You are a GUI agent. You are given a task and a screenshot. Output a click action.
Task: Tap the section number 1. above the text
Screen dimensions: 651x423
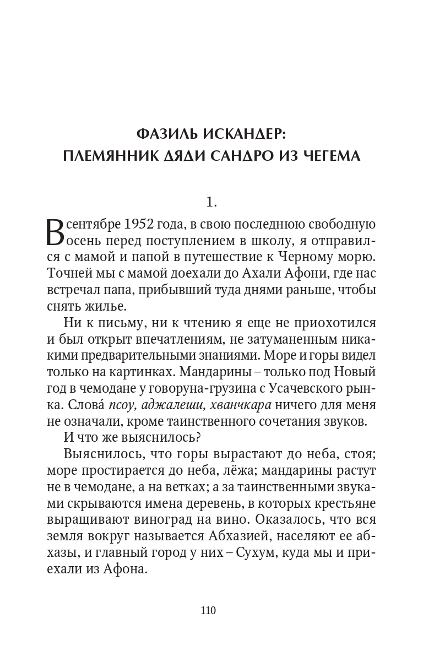tap(211, 202)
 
